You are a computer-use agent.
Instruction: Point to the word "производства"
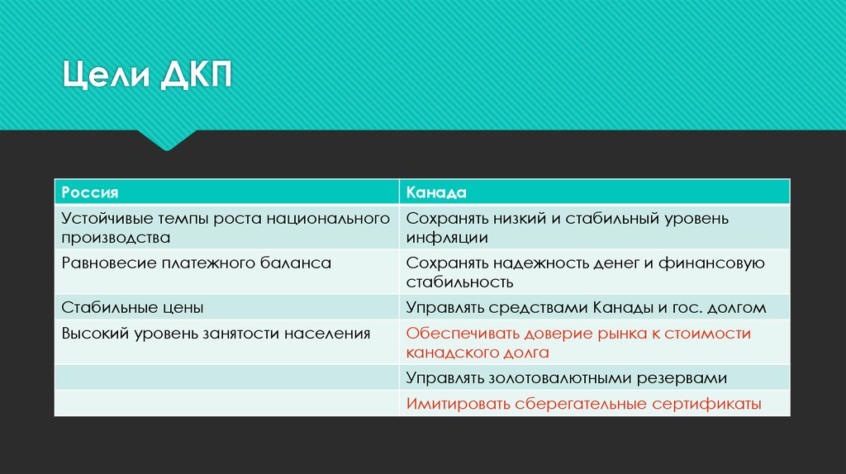point(116,238)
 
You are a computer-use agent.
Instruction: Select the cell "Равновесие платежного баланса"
point(196,263)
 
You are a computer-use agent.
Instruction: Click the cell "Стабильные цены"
point(132,308)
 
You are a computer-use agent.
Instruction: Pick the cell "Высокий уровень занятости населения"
point(216,334)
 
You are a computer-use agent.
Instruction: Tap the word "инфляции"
point(447,238)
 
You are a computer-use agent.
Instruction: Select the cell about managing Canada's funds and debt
point(586,308)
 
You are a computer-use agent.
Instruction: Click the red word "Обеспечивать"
point(463,334)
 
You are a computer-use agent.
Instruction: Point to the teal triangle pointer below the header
point(168,140)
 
